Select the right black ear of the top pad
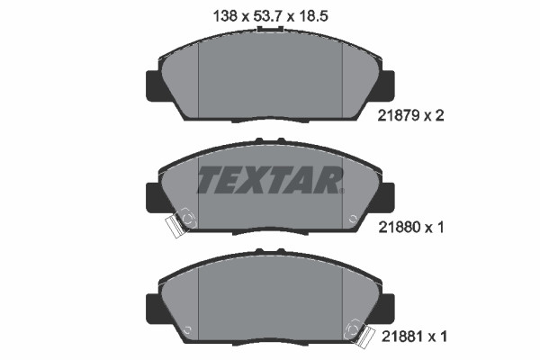(x=386, y=84)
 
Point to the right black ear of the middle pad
(x=386, y=195)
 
